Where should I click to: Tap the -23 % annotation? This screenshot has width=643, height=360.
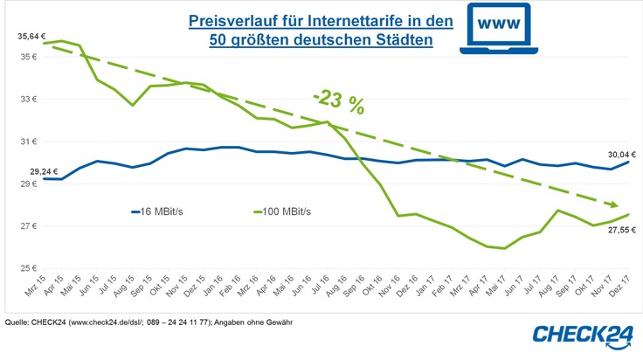pyautogui.click(x=339, y=101)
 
